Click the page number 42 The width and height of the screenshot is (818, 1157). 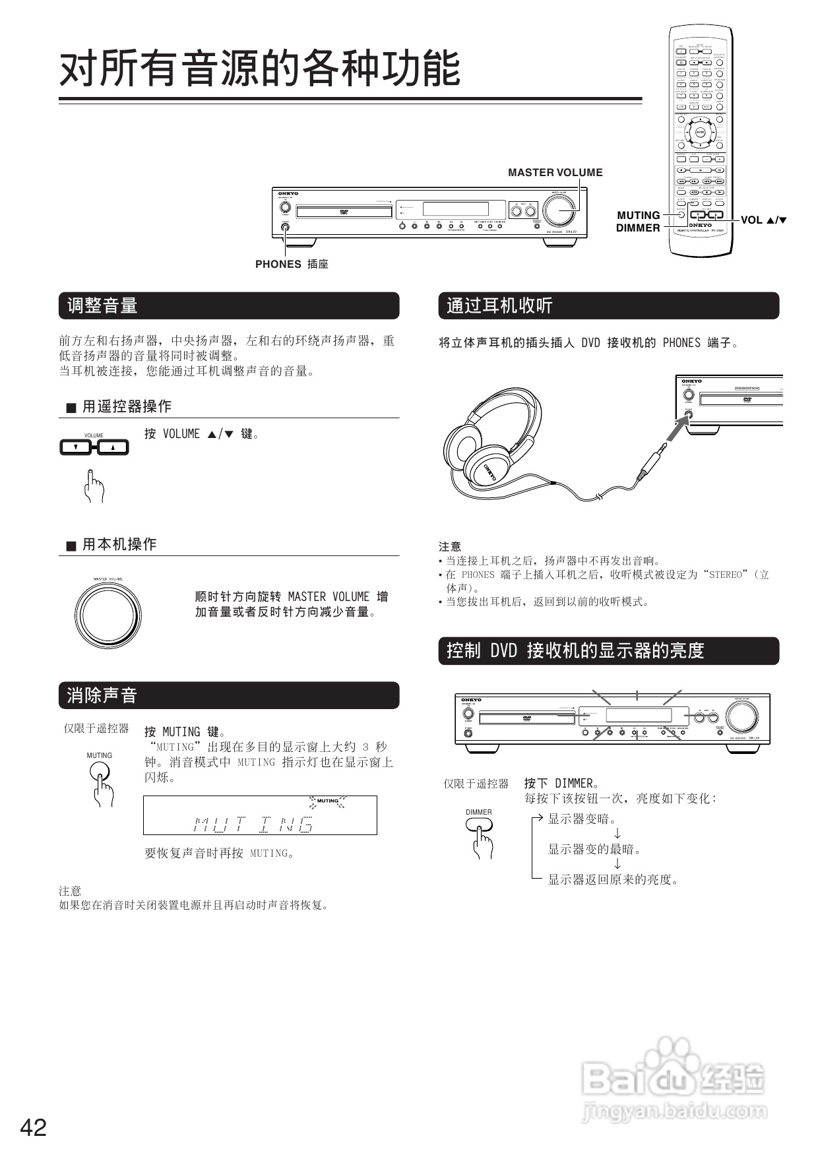(x=34, y=1127)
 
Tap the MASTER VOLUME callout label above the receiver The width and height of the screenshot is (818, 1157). (x=555, y=173)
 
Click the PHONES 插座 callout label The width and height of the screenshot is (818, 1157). (x=292, y=264)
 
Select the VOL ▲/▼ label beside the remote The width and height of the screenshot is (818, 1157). (x=764, y=220)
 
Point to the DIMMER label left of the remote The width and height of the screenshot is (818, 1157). (x=638, y=228)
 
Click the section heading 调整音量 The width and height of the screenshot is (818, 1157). (x=102, y=306)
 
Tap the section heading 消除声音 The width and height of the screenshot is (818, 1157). (x=102, y=695)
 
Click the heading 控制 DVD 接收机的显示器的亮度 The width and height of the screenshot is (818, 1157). (x=575, y=651)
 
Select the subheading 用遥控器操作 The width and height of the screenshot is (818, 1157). (x=127, y=407)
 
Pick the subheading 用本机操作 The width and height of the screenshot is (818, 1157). (x=119, y=545)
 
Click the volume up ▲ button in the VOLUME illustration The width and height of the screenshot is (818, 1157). (x=113, y=448)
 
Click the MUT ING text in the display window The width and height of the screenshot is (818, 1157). (x=254, y=824)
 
